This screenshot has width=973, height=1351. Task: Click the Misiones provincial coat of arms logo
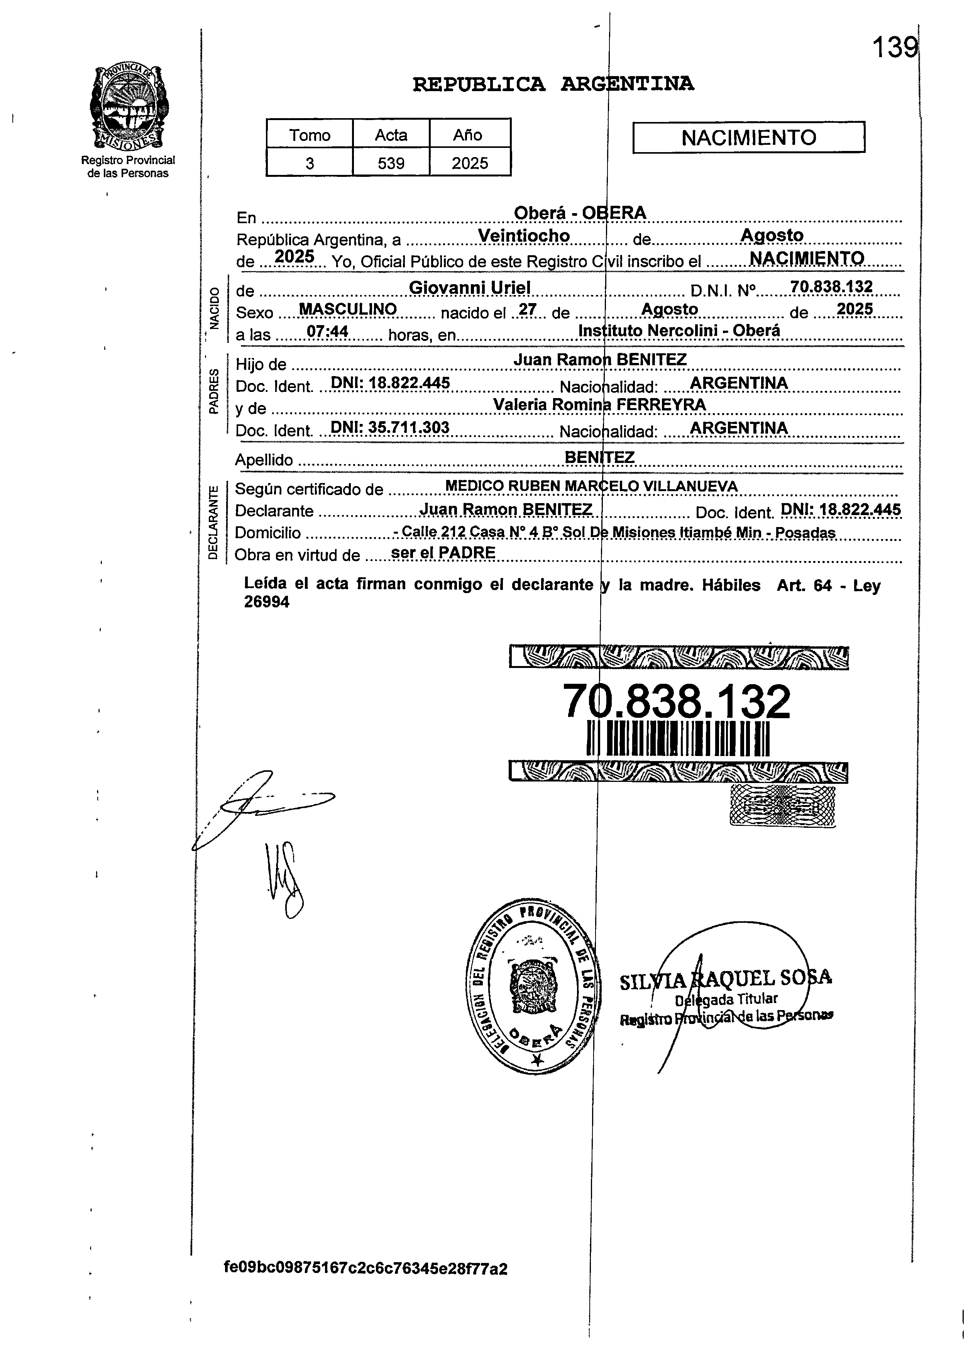coord(128,108)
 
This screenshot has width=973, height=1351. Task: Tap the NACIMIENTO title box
coord(748,137)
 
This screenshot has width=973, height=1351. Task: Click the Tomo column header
coord(310,135)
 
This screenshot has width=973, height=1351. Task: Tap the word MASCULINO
coord(348,309)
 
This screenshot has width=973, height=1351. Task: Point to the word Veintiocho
coord(524,236)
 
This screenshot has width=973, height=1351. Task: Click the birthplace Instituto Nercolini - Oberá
coord(679,331)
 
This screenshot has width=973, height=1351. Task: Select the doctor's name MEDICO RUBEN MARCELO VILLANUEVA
coord(591,486)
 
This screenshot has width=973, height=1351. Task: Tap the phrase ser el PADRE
coord(443,553)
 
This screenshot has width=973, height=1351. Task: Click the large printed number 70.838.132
coord(677,701)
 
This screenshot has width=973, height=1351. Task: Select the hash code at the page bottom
coord(366,1285)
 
